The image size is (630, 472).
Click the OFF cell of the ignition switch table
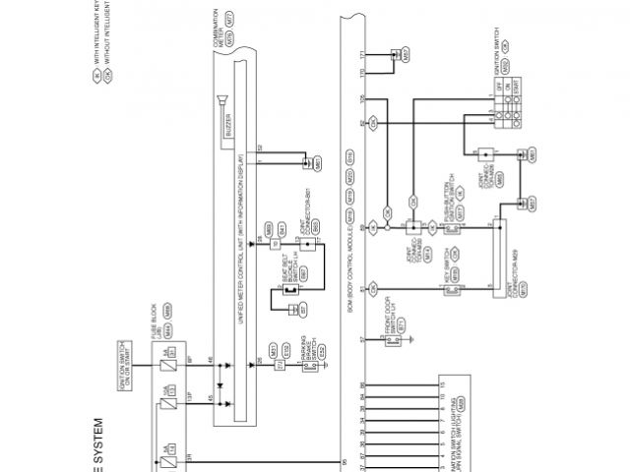[501, 88]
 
